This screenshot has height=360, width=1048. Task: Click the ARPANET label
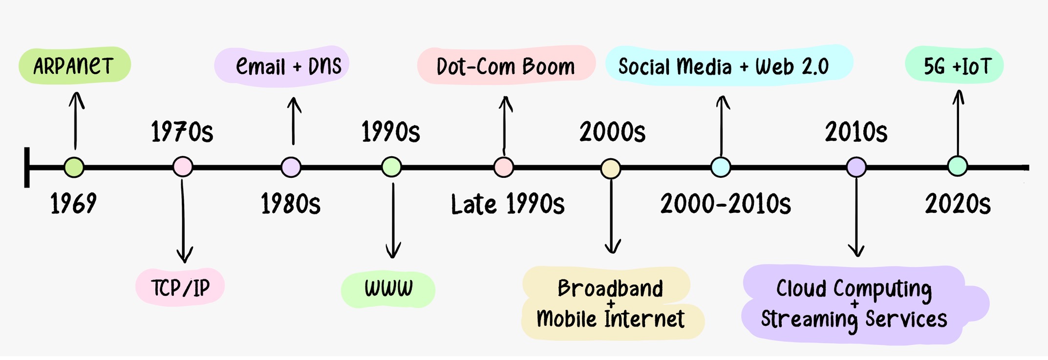[74, 65]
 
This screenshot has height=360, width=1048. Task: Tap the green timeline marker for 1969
[74, 168]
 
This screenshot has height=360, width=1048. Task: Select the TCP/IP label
[180, 288]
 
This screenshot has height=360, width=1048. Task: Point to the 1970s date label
[182, 132]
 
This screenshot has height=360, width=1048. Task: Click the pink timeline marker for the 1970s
[183, 167]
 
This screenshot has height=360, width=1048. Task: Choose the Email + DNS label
[288, 66]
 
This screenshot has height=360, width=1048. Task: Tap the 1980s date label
[291, 204]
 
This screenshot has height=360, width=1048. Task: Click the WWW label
[388, 289]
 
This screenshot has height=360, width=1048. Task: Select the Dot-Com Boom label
[506, 66]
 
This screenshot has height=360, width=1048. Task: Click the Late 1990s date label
[508, 204]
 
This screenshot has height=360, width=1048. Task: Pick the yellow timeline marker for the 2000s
[611, 169]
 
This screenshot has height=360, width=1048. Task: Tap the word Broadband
[610, 288]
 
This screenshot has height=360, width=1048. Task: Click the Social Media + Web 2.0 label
[724, 66]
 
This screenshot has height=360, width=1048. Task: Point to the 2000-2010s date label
[726, 204]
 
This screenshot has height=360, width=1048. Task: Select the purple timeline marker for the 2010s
[856, 167]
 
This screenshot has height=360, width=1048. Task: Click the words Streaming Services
[854, 319]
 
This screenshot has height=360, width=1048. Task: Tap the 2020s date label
[958, 204]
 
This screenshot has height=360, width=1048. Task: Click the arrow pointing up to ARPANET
[76, 121]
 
